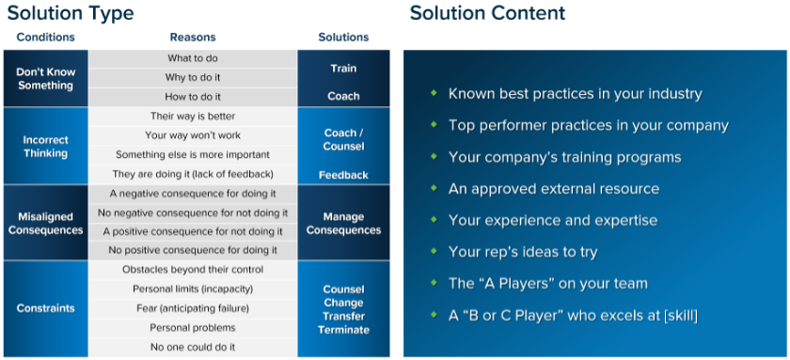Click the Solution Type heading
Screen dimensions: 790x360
coord(71,13)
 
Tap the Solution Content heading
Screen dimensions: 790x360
coord(487,13)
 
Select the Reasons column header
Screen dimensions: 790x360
coord(193,38)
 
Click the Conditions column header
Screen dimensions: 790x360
coord(45,38)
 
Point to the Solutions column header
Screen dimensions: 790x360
coord(343,38)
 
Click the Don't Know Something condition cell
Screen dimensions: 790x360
coord(46,78)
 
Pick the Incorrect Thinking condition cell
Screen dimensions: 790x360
coord(46,146)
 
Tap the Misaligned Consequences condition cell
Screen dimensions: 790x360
coord(46,223)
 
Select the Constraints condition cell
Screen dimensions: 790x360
coord(46,308)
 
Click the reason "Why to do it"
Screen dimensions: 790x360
coord(193,77)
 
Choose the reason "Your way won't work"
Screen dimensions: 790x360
coord(193,135)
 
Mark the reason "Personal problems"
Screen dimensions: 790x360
coord(193,328)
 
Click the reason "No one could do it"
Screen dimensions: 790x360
coord(193,347)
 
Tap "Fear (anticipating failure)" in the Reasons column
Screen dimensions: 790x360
coord(193,308)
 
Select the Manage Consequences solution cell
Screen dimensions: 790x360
coord(343,223)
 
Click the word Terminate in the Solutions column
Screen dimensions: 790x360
coord(343,330)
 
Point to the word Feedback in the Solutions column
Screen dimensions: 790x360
coord(343,175)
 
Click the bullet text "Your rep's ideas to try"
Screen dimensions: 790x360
coord(523,252)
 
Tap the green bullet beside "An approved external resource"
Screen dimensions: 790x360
coord(434,188)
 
